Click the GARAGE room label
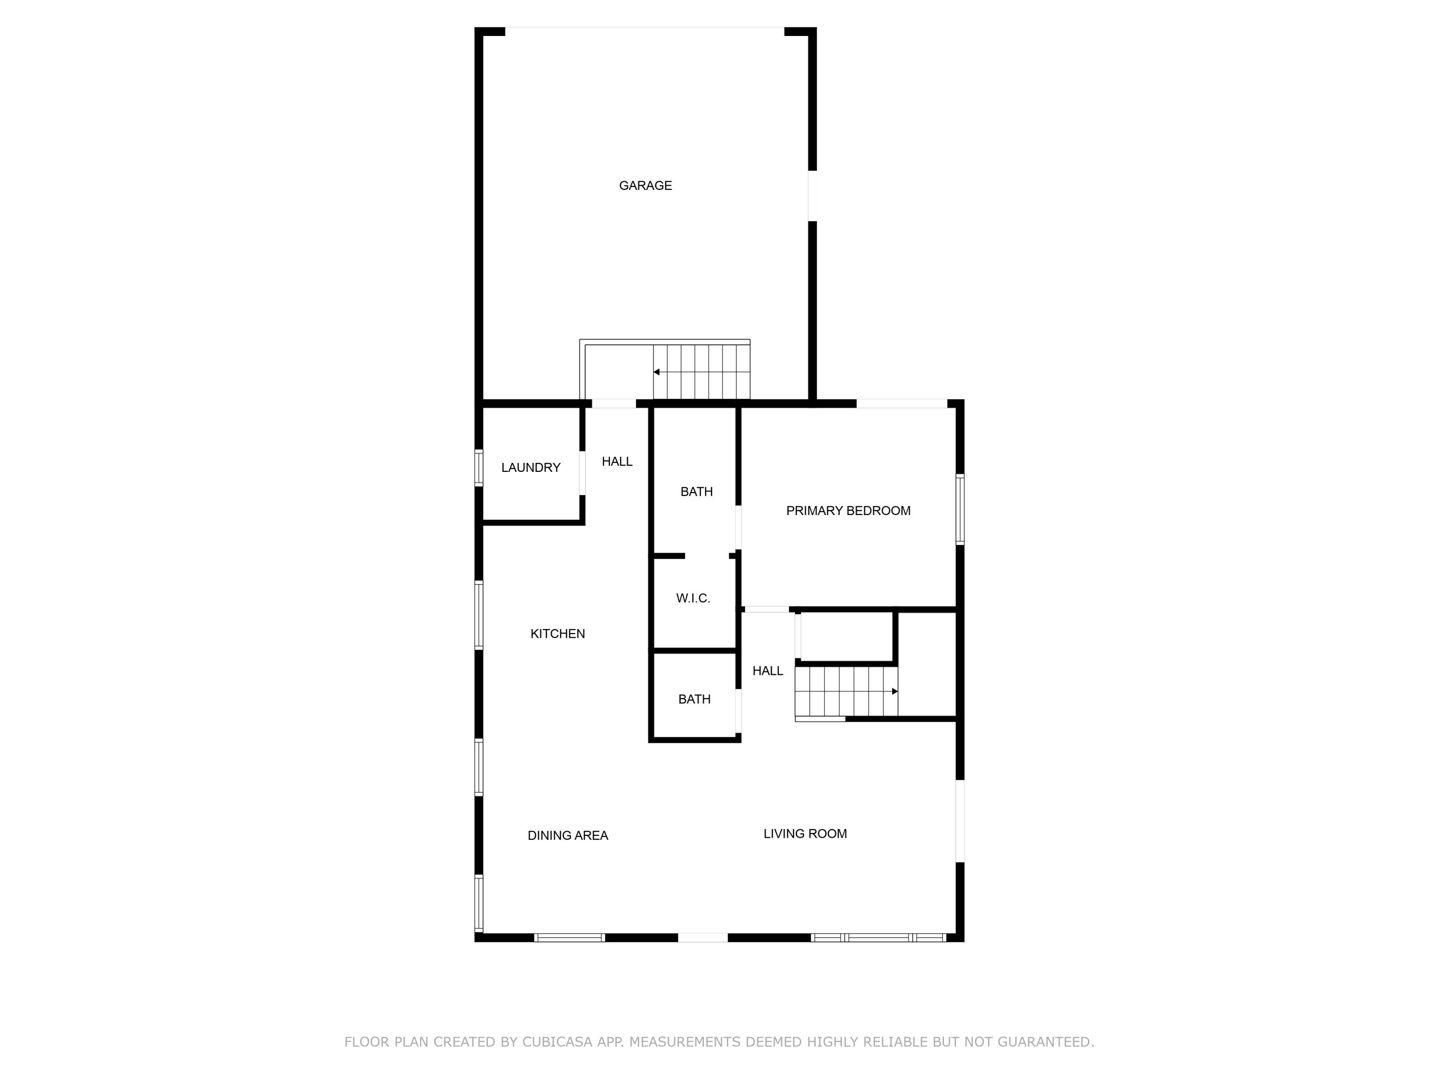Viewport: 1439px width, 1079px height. (x=645, y=186)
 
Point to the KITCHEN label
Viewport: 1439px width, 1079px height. (x=557, y=634)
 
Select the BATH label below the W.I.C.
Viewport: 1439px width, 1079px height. (x=694, y=700)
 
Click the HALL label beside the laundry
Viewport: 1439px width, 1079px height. (x=617, y=462)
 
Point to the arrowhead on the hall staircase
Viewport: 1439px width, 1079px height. (x=895, y=692)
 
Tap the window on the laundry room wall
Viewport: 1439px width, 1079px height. (x=479, y=468)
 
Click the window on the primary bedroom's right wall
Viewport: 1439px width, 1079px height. (x=959, y=509)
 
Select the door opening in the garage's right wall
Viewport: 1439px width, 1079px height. (x=812, y=196)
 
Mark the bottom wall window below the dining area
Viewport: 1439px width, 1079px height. (x=569, y=937)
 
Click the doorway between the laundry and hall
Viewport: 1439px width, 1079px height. (x=582, y=473)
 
